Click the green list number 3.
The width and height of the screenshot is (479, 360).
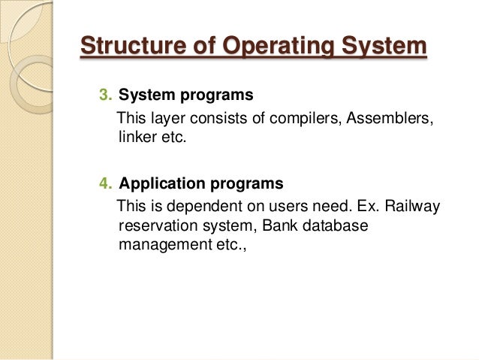104,96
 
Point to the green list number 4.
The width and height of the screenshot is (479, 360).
104,183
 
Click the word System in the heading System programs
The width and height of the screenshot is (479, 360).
143,96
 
